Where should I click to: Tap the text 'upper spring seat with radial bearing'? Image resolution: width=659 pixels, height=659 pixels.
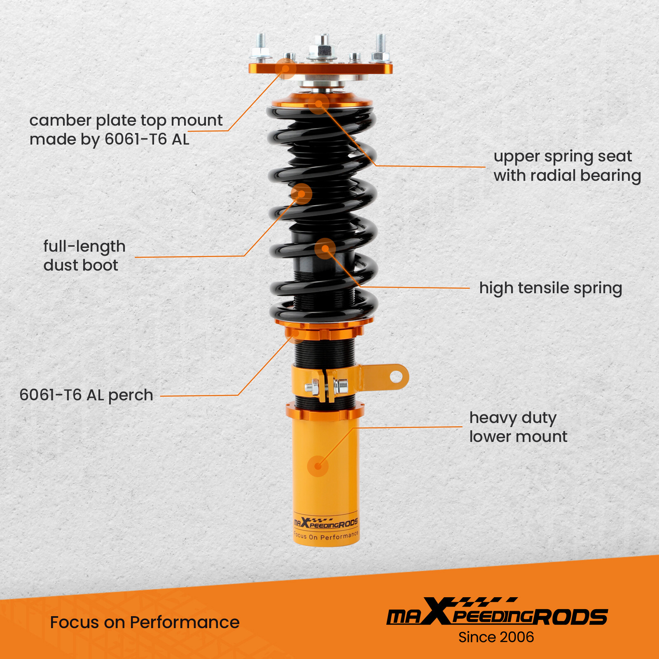pos(567,166)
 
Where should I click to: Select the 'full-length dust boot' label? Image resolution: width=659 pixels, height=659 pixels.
pos(84,256)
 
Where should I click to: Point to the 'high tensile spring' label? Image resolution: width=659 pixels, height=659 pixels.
pos(550,288)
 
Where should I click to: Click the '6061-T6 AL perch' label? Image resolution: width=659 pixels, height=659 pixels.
pos(86,395)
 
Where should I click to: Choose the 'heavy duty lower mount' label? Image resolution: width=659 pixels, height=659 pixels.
pos(518,427)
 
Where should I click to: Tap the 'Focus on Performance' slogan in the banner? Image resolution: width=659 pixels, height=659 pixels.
pos(145,622)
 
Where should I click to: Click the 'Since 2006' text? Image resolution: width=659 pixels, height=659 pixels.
pos(496,637)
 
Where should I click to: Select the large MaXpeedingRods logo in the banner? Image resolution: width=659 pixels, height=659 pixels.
pos(496,612)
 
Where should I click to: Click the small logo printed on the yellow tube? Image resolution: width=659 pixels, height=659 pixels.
pos(325,523)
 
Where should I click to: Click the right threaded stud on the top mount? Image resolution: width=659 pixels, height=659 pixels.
pos(380,45)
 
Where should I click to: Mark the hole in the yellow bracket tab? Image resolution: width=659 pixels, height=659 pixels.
pos(396,376)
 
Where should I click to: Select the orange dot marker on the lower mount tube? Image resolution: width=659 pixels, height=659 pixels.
pos(318,466)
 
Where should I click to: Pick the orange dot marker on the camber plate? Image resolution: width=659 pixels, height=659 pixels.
pos(285,68)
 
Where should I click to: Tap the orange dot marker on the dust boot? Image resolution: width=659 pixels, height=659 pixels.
pos(301,194)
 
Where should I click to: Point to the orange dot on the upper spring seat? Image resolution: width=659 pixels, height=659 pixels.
pos(318,104)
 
